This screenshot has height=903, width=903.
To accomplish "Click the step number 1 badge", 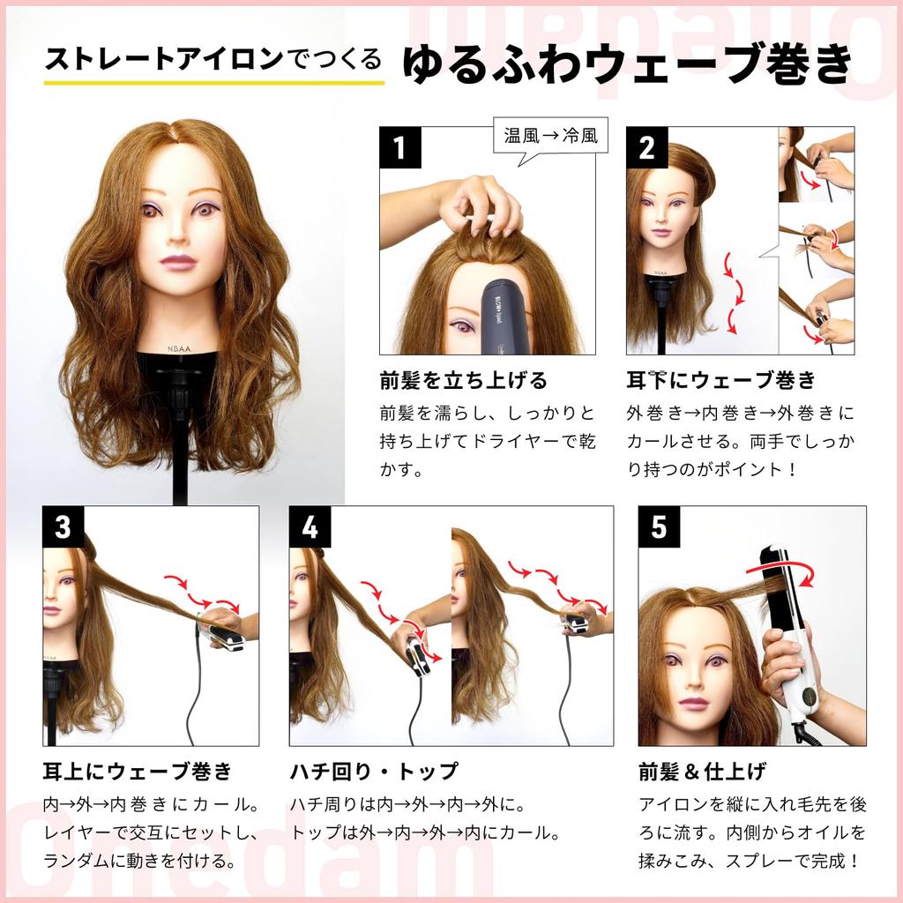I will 399,147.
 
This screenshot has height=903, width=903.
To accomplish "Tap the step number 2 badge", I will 647,147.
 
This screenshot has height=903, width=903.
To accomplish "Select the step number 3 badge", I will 63,526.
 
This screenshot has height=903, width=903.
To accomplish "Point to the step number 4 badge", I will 310,526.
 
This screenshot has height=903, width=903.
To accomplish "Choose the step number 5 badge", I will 659,526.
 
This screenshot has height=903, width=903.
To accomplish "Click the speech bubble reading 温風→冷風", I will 550,137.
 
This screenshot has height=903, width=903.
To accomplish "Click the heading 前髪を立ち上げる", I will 463,380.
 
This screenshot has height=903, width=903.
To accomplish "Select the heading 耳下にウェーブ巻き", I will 720,380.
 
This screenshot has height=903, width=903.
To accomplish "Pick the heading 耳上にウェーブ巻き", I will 137,771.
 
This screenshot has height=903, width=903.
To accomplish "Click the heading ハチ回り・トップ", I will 375,771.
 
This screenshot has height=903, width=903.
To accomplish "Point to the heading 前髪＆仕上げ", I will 702,771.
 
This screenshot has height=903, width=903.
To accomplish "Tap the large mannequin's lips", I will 179,263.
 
